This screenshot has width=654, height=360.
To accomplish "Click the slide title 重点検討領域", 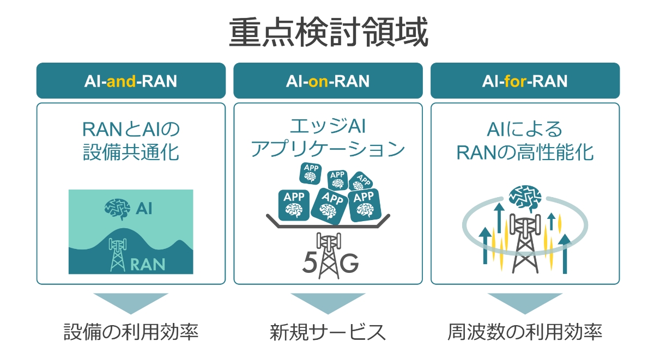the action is coord(329,32).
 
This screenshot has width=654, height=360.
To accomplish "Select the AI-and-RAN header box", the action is coord(131,81).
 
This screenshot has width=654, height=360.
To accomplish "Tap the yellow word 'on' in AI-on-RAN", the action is coord(318,81).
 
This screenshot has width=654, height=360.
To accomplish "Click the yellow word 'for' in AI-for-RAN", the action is coord(516,81).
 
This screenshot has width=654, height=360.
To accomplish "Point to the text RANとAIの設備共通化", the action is coord(131,141).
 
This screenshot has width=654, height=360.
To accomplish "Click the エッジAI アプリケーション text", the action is coord(328,138).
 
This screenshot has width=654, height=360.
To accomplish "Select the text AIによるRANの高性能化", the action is coord(525,141).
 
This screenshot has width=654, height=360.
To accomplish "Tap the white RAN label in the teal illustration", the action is coord(148,264).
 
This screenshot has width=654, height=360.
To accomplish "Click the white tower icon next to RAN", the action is coord(117,255).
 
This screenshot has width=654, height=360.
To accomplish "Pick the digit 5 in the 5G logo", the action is coord(310,262).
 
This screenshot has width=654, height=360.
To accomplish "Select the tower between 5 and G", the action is coord(329,255).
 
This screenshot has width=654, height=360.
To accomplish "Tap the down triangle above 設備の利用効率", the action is coord(131,304).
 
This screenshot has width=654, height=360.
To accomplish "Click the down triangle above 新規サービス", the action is coord(328,304).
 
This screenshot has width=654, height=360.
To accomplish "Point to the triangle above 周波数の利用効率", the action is coord(525,304).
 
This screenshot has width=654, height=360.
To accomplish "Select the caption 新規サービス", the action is coord(328,332).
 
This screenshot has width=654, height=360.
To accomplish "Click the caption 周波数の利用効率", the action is coord(525,332).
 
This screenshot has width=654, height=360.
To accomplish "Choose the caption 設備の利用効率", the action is coord(131,332).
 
